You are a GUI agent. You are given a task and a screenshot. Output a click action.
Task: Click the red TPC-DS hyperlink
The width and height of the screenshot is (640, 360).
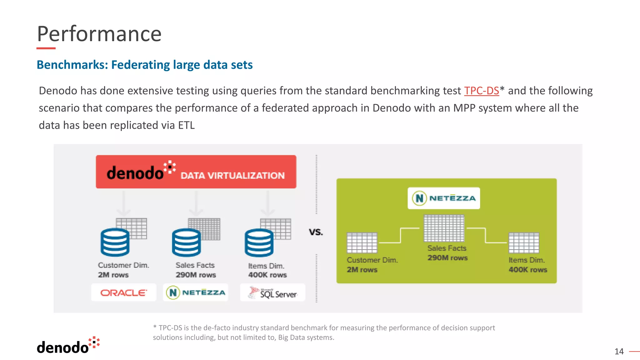[481, 91]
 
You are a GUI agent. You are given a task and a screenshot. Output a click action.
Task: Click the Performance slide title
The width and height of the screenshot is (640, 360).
[99, 34]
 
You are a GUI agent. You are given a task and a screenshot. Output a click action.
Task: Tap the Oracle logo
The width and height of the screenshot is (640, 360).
[123, 293]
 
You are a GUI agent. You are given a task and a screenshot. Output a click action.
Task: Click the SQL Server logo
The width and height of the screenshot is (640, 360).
[272, 293]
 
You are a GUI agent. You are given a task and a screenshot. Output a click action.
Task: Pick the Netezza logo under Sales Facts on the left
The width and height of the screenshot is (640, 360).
[196, 293]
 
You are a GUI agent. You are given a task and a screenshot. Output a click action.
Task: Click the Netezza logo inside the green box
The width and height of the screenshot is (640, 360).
[444, 198]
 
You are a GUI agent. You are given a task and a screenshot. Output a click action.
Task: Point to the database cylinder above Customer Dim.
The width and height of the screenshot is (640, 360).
[115, 242]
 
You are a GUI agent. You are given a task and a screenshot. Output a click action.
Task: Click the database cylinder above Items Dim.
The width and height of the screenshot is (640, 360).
[259, 243]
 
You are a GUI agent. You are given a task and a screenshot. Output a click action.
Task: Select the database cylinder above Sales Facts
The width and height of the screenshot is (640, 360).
[186, 243]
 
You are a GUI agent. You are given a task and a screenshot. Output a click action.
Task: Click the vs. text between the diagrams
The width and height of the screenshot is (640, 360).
[316, 232]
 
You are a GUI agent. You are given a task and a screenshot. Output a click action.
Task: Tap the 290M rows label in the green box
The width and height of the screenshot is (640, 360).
[447, 258]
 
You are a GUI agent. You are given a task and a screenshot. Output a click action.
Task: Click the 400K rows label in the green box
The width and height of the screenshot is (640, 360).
[528, 270]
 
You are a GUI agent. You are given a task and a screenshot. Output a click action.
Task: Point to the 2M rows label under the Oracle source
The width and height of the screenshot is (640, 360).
[113, 275]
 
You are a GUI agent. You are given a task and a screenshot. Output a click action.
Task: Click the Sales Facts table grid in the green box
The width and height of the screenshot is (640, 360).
[444, 228]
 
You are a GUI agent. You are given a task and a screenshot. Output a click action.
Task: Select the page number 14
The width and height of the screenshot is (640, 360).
[619, 352]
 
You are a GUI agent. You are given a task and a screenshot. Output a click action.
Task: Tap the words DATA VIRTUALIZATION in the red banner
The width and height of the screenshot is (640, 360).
[232, 176]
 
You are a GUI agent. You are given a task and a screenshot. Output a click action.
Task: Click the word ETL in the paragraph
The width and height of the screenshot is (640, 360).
[186, 125]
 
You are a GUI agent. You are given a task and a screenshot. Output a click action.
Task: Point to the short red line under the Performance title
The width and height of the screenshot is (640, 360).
[46, 48]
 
